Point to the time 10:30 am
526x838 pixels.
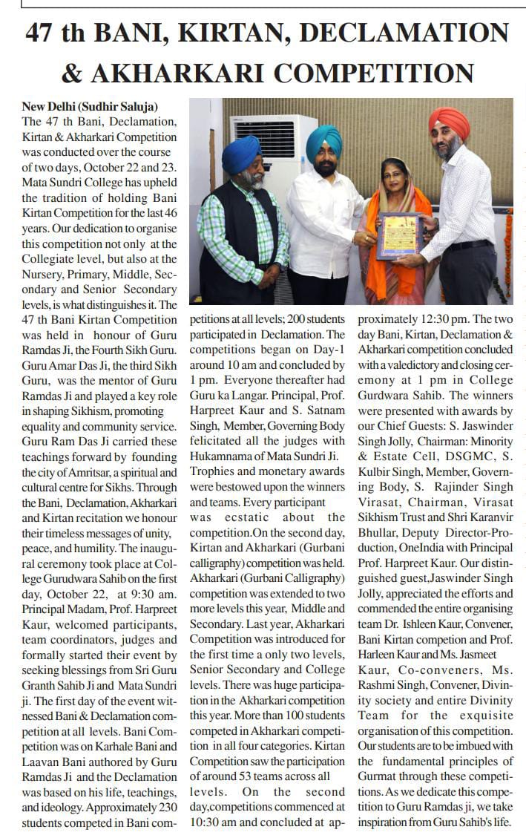[220, 822]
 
